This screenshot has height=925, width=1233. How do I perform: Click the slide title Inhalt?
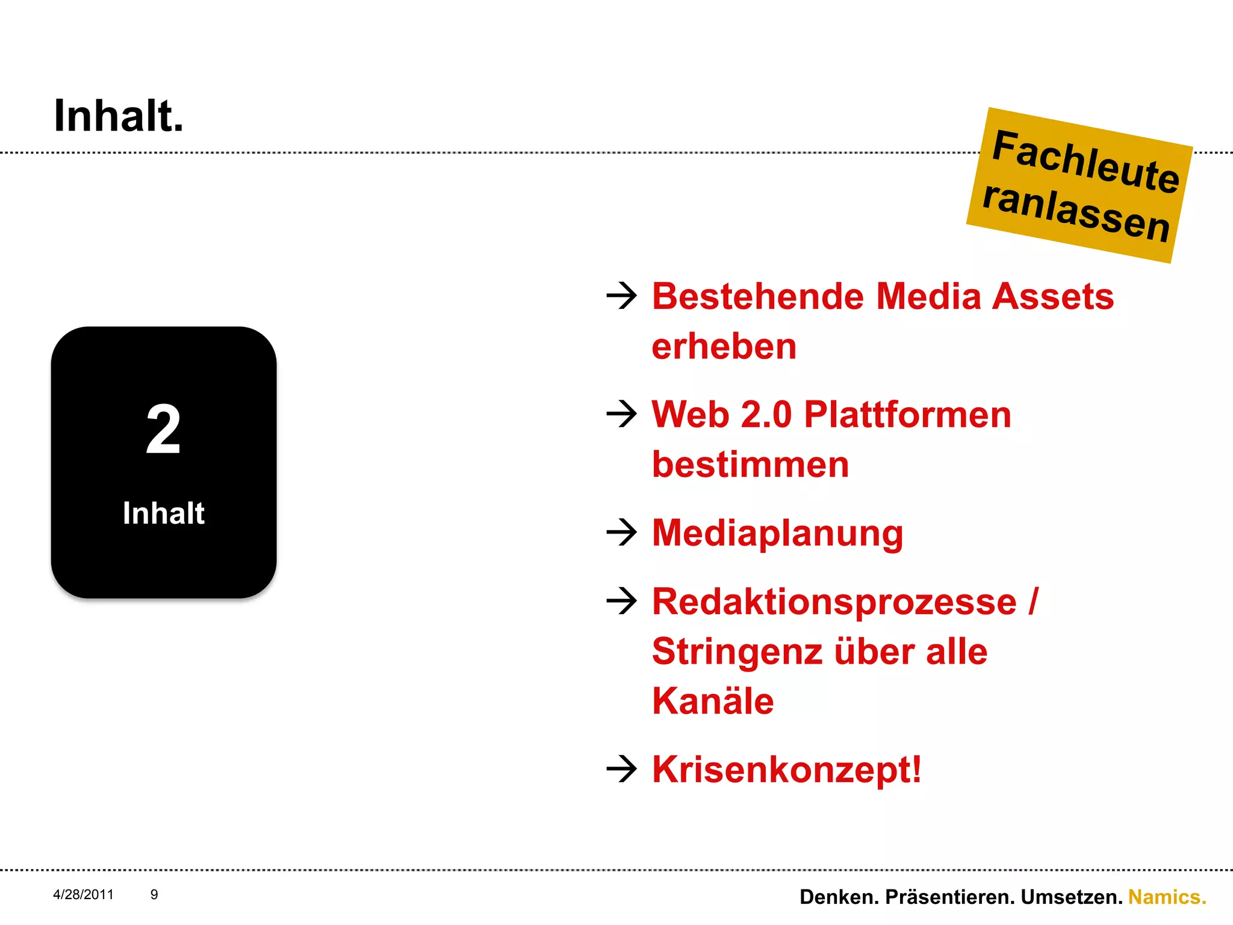(x=119, y=116)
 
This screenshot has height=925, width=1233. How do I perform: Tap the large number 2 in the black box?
(x=163, y=429)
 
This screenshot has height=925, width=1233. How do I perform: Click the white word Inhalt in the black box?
(x=163, y=513)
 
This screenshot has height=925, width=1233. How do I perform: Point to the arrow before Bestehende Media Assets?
(x=621, y=296)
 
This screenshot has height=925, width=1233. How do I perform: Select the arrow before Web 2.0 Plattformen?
(x=621, y=414)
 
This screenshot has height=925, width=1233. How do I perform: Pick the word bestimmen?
(x=750, y=464)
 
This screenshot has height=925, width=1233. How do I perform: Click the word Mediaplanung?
(x=777, y=534)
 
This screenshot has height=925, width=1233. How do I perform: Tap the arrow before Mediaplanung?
(x=621, y=532)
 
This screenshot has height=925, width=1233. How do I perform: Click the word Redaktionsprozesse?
(x=834, y=602)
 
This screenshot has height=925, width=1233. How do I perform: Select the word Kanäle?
(x=713, y=701)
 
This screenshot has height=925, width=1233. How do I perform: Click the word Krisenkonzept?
(x=786, y=770)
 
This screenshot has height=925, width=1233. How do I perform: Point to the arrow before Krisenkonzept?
(x=621, y=769)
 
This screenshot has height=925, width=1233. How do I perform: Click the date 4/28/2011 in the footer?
(x=83, y=894)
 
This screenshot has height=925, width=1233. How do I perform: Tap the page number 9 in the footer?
(x=154, y=894)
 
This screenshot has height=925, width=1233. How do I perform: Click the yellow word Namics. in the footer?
(x=1167, y=897)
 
